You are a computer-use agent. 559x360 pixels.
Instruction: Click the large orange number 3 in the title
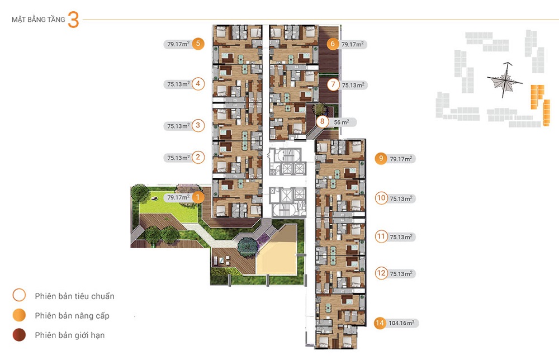click(x=73, y=21)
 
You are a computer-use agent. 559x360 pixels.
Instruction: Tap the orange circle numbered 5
click(x=198, y=44)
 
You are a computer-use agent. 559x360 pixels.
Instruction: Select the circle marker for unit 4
click(x=198, y=84)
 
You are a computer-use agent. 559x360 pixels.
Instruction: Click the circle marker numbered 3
click(x=198, y=126)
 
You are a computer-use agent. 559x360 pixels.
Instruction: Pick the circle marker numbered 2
click(x=198, y=158)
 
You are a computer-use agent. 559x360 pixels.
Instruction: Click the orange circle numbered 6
click(x=333, y=44)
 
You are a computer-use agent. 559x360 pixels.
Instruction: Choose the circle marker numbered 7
click(x=333, y=85)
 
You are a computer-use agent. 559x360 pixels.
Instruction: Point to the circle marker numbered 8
click(x=323, y=121)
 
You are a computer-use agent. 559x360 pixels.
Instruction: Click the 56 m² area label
click(x=341, y=122)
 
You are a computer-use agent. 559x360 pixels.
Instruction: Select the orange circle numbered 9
click(x=381, y=159)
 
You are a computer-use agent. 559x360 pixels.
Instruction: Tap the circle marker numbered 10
click(x=381, y=198)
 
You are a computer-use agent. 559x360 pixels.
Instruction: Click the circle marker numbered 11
click(x=381, y=236)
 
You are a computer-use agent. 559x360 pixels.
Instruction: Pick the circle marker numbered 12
click(x=381, y=273)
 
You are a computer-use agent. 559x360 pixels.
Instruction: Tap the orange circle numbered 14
click(x=380, y=323)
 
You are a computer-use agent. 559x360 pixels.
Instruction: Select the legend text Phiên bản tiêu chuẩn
click(x=74, y=296)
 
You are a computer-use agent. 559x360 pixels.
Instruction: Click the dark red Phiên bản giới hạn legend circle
click(x=20, y=335)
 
